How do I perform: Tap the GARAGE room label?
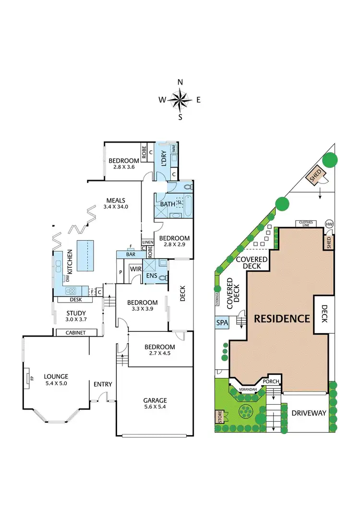click(155, 400)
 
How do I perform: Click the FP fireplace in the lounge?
click(28, 377)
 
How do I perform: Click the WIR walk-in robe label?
click(135, 269)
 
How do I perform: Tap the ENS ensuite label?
click(152, 277)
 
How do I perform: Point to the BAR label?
click(130, 254)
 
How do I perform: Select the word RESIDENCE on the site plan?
click(282, 318)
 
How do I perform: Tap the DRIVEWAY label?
click(309, 412)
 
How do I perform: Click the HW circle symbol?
click(329, 224)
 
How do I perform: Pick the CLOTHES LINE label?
click(306, 223)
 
